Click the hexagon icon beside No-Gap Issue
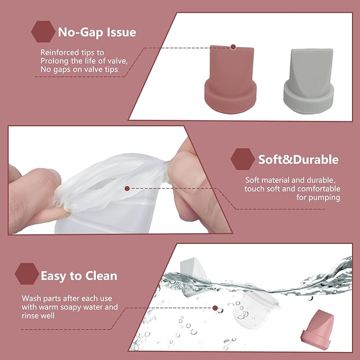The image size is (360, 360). (42, 32)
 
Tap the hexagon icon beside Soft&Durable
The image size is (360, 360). (242, 159)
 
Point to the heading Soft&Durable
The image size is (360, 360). (298, 160)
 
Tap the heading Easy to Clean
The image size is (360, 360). (79, 276)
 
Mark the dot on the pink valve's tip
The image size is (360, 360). (232, 47)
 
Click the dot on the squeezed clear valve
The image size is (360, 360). (127, 188)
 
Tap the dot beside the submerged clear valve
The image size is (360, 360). (215, 308)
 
